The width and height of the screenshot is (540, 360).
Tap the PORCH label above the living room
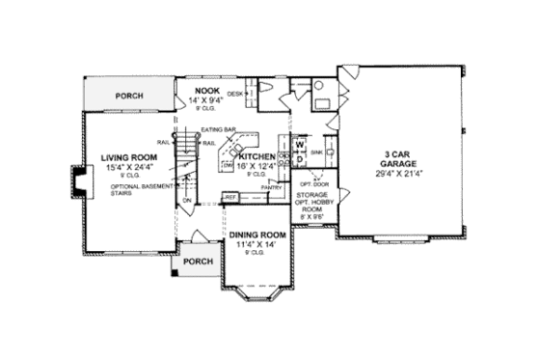pos(130,97)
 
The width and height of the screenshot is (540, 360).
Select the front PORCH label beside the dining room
pos(198,262)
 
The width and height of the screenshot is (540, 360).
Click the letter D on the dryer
pos(299,157)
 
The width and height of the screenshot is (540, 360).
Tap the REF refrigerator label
pos(230,198)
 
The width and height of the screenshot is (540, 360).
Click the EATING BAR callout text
pos(213,129)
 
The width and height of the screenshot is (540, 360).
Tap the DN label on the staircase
pos(189,200)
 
